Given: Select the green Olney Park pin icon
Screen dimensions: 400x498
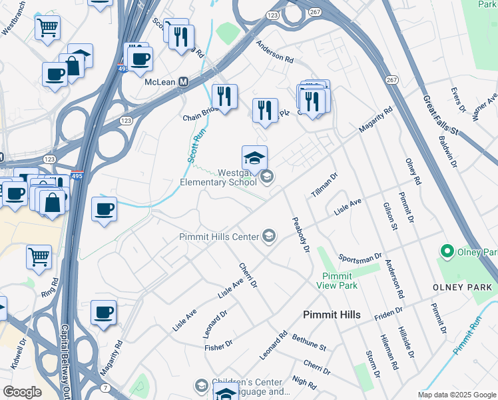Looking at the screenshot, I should pyautogui.click(x=446, y=251).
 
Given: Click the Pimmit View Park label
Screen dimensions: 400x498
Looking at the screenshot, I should pyautogui.click(x=340, y=281).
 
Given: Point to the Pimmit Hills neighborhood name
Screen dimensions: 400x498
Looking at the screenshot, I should pyautogui.click(x=331, y=315).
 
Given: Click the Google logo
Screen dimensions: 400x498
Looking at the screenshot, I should pyautogui.click(x=23, y=392).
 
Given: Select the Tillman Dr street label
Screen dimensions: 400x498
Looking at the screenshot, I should pyautogui.click(x=324, y=186).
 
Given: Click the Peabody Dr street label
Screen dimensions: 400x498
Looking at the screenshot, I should pyautogui.click(x=300, y=235).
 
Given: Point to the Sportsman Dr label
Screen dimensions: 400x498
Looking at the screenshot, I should pyautogui.click(x=360, y=257).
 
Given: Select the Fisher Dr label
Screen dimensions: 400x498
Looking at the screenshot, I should pyautogui.click(x=218, y=344).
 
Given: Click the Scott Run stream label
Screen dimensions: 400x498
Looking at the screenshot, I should pyautogui.click(x=194, y=146).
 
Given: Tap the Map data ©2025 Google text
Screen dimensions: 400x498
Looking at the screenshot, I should pyautogui.click(x=456, y=395).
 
